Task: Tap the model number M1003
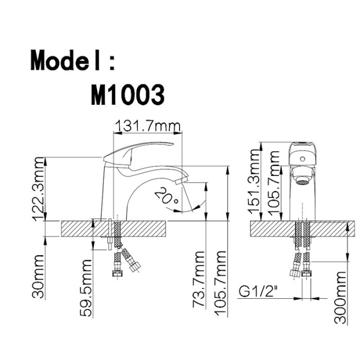[128, 95]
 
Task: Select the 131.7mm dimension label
[148, 126]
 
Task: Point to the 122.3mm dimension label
[38, 189]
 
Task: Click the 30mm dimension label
[38, 277]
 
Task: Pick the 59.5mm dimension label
[86, 288]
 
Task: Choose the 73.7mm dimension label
[199, 279]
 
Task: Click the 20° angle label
[167, 195]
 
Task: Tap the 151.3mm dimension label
[254, 182]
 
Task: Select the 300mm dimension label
[340, 298]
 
